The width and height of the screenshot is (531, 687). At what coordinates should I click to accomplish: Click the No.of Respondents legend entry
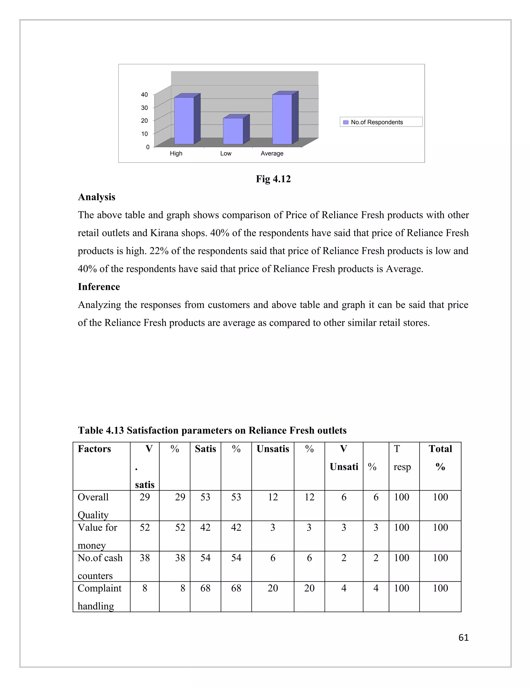coord(376,122)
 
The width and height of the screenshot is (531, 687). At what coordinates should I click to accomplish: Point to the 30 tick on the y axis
coord(144,108)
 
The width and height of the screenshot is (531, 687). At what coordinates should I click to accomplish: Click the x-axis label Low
coord(226,153)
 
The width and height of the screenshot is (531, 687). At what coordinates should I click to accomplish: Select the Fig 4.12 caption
coord(273,179)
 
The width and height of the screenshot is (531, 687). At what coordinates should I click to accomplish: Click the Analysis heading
coord(96,197)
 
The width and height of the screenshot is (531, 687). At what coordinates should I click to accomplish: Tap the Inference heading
coord(99,286)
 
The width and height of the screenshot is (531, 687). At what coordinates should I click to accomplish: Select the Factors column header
coord(94,448)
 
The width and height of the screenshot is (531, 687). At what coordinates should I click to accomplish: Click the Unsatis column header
coord(273,448)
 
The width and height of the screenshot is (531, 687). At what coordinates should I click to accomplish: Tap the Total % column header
coord(440,457)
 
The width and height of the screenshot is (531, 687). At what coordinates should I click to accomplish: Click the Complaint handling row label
coord(99,597)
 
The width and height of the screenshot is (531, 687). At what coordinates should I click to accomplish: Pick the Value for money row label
coord(97,536)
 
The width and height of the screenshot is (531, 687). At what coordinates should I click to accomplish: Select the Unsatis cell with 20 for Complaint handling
coord(273,588)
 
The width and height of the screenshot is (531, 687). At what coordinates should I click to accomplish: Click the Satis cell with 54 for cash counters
coord(205,558)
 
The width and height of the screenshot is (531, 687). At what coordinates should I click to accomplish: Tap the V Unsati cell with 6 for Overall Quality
coord(344,497)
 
